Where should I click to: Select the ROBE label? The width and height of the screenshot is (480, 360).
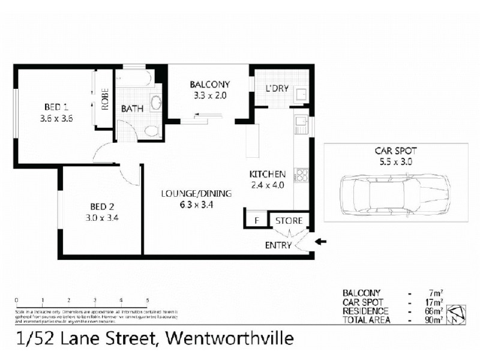click(x=104, y=97)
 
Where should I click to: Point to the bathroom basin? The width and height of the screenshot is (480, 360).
click(x=156, y=103)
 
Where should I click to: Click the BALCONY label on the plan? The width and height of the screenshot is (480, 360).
click(x=209, y=84)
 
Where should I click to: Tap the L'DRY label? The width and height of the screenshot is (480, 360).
click(x=277, y=89)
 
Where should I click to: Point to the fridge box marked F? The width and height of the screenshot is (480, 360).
click(x=256, y=220)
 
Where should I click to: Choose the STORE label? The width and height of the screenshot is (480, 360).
click(x=289, y=221)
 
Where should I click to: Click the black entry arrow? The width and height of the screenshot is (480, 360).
click(x=321, y=242)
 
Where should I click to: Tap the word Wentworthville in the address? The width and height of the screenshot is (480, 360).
click(x=228, y=340)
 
